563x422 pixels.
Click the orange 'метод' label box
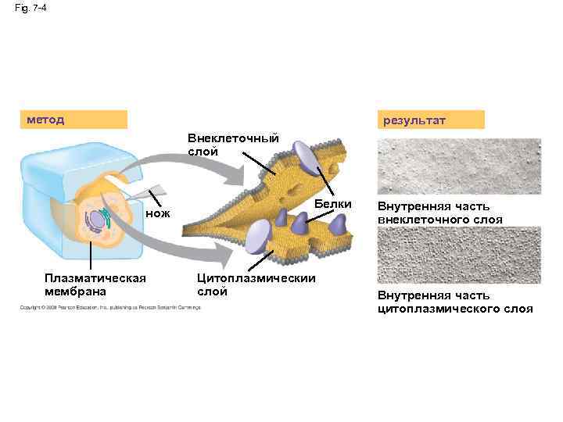[x=74, y=120]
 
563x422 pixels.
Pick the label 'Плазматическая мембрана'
[x=95, y=284]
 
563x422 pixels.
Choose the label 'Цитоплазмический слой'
[x=255, y=284]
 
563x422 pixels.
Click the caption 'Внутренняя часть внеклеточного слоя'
[x=444, y=213]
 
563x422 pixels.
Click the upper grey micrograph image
[x=458, y=166]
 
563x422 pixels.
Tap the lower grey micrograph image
[x=458, y=255]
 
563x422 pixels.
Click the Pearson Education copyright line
[x=110, y=307]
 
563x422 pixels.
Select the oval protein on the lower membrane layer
[x=257, y=236]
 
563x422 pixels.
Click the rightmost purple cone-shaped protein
[x=338, y=226]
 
